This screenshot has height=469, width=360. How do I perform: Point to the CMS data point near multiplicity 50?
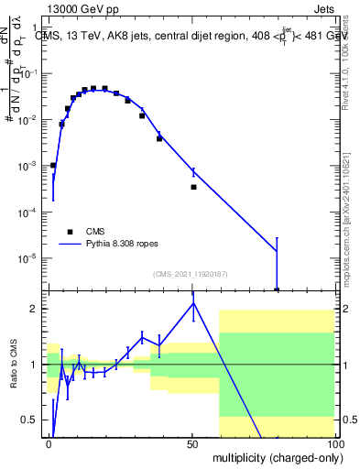coord(193,187)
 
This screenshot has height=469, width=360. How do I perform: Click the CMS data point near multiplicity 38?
coord(159,138)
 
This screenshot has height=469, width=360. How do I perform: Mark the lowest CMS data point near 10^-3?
coord(53,165)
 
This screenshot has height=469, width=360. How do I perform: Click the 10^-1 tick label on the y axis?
coord(29,74)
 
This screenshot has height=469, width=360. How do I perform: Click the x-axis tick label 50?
coord(193,443)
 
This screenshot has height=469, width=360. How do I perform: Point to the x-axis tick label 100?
coord(335,443)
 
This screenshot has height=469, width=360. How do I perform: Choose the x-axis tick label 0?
coord(49,443)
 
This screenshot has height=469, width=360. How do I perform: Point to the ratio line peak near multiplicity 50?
coord(193,303)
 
